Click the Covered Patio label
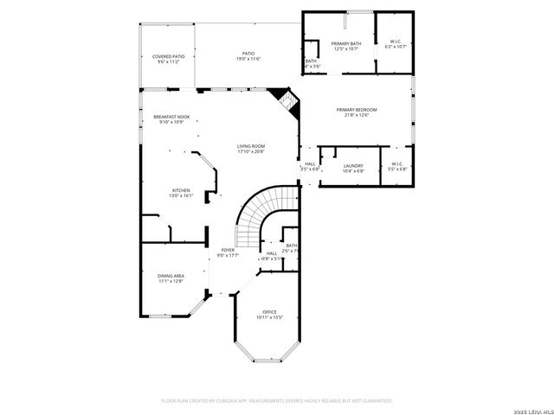tap(168, 59)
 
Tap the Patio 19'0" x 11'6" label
tap(248, 56)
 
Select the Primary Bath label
tap(345, 46)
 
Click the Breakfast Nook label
tap(171, 119)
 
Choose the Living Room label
tap(251, 149)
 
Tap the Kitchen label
tap(180, 193)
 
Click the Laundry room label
tap(352, 168)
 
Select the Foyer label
tap(228, 252)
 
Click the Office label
tap(269, 315)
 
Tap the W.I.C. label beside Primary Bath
tap(395, 44)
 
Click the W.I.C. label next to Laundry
tap(396, 166)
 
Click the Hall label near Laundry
tap(310, 166)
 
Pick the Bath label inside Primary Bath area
tap(312, 63)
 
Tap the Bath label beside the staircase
tap(292, 248)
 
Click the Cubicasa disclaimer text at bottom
tap(277, 401)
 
